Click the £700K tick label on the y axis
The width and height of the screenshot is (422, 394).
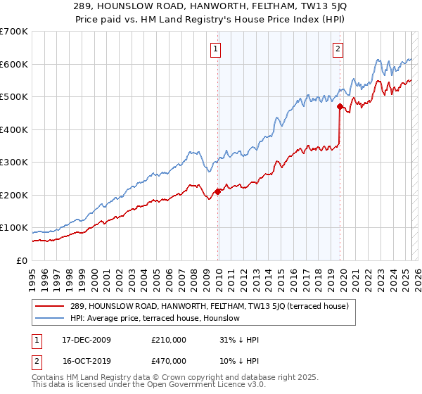(14, 32)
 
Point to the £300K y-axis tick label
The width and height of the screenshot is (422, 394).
(14, 163)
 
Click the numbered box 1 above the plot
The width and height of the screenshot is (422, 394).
(215, 49)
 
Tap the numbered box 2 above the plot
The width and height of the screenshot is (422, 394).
(338, 49)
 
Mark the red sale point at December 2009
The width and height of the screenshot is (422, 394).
(217, 191)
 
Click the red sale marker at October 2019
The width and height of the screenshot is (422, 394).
(340, 107)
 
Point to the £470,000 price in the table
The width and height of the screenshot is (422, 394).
(169, 361)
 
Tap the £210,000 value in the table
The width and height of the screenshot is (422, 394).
(169, 340)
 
